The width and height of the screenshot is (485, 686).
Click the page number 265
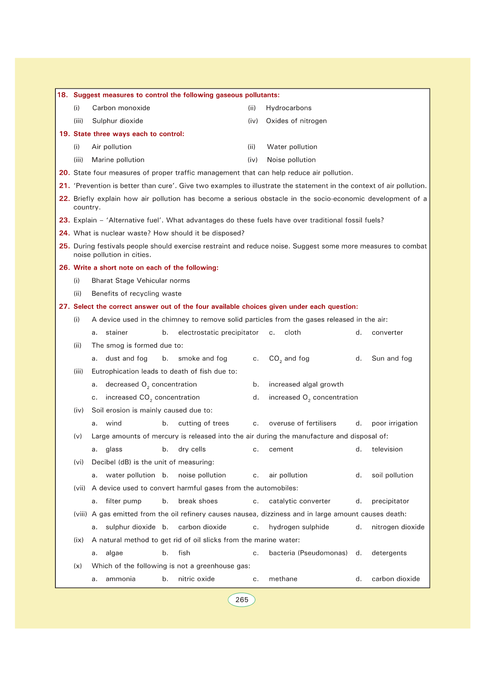[x=241, y=600]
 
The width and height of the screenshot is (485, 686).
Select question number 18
[x=62, y=95]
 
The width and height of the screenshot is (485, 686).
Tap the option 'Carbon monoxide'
[x=121, y=108]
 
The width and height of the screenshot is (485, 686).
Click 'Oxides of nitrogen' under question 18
[x=296, y=121]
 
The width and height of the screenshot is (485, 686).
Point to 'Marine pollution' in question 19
[x=118, y=160]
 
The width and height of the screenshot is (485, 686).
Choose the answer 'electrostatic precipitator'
[x=218, y=332]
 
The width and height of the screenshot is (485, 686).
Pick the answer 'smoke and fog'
[x=202, y=358]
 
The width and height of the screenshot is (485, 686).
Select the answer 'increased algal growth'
[x=306, y=384]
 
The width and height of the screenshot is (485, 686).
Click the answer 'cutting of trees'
[x=204, y=423]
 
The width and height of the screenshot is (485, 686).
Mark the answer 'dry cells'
[x=192, y=449]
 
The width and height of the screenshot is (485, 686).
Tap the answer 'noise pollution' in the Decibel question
[x=202, y=475]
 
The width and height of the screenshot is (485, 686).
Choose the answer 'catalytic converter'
[x=299, y=501]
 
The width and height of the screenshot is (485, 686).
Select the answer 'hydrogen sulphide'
[x=299, y=527]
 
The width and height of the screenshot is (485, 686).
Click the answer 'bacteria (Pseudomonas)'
[x=308, y=553]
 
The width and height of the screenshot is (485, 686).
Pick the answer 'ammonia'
[x=121, y=579]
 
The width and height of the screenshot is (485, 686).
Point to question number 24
[x=64, y=233]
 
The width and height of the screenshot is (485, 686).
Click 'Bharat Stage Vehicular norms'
[x=140, y=281]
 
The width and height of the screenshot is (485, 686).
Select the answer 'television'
[x=387, y=449]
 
